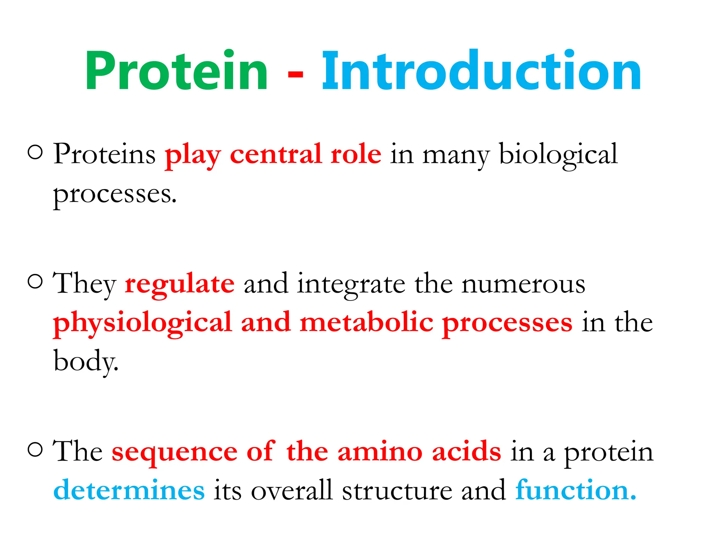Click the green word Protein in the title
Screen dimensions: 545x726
coord(176,71)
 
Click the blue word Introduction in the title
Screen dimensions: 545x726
coord(481,71)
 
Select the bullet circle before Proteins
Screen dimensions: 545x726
coord(35,153)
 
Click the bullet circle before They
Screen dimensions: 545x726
coord(35,282)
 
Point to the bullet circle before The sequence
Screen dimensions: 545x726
coord(35,450)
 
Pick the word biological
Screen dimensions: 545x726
coord(558,155)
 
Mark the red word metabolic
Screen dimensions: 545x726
coord(366,322)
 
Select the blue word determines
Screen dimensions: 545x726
coord(129,490)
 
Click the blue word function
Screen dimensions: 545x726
coord(575,490)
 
